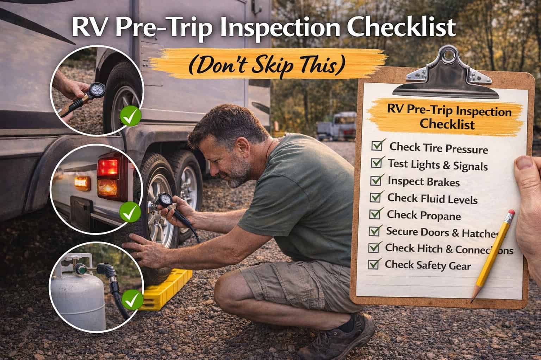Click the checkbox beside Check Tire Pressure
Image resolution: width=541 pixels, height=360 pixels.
point(377,145)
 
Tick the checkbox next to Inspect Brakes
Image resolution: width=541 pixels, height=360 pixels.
point(376,180)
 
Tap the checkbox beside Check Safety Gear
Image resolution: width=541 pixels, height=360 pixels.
point(373,263)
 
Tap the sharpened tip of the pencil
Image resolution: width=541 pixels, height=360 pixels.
point(472,297)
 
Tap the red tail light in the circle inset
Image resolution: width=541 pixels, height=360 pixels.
point(108,167)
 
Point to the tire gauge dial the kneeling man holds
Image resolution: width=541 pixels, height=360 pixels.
point(164,201)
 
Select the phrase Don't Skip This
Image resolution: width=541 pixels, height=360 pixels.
point(266,65)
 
